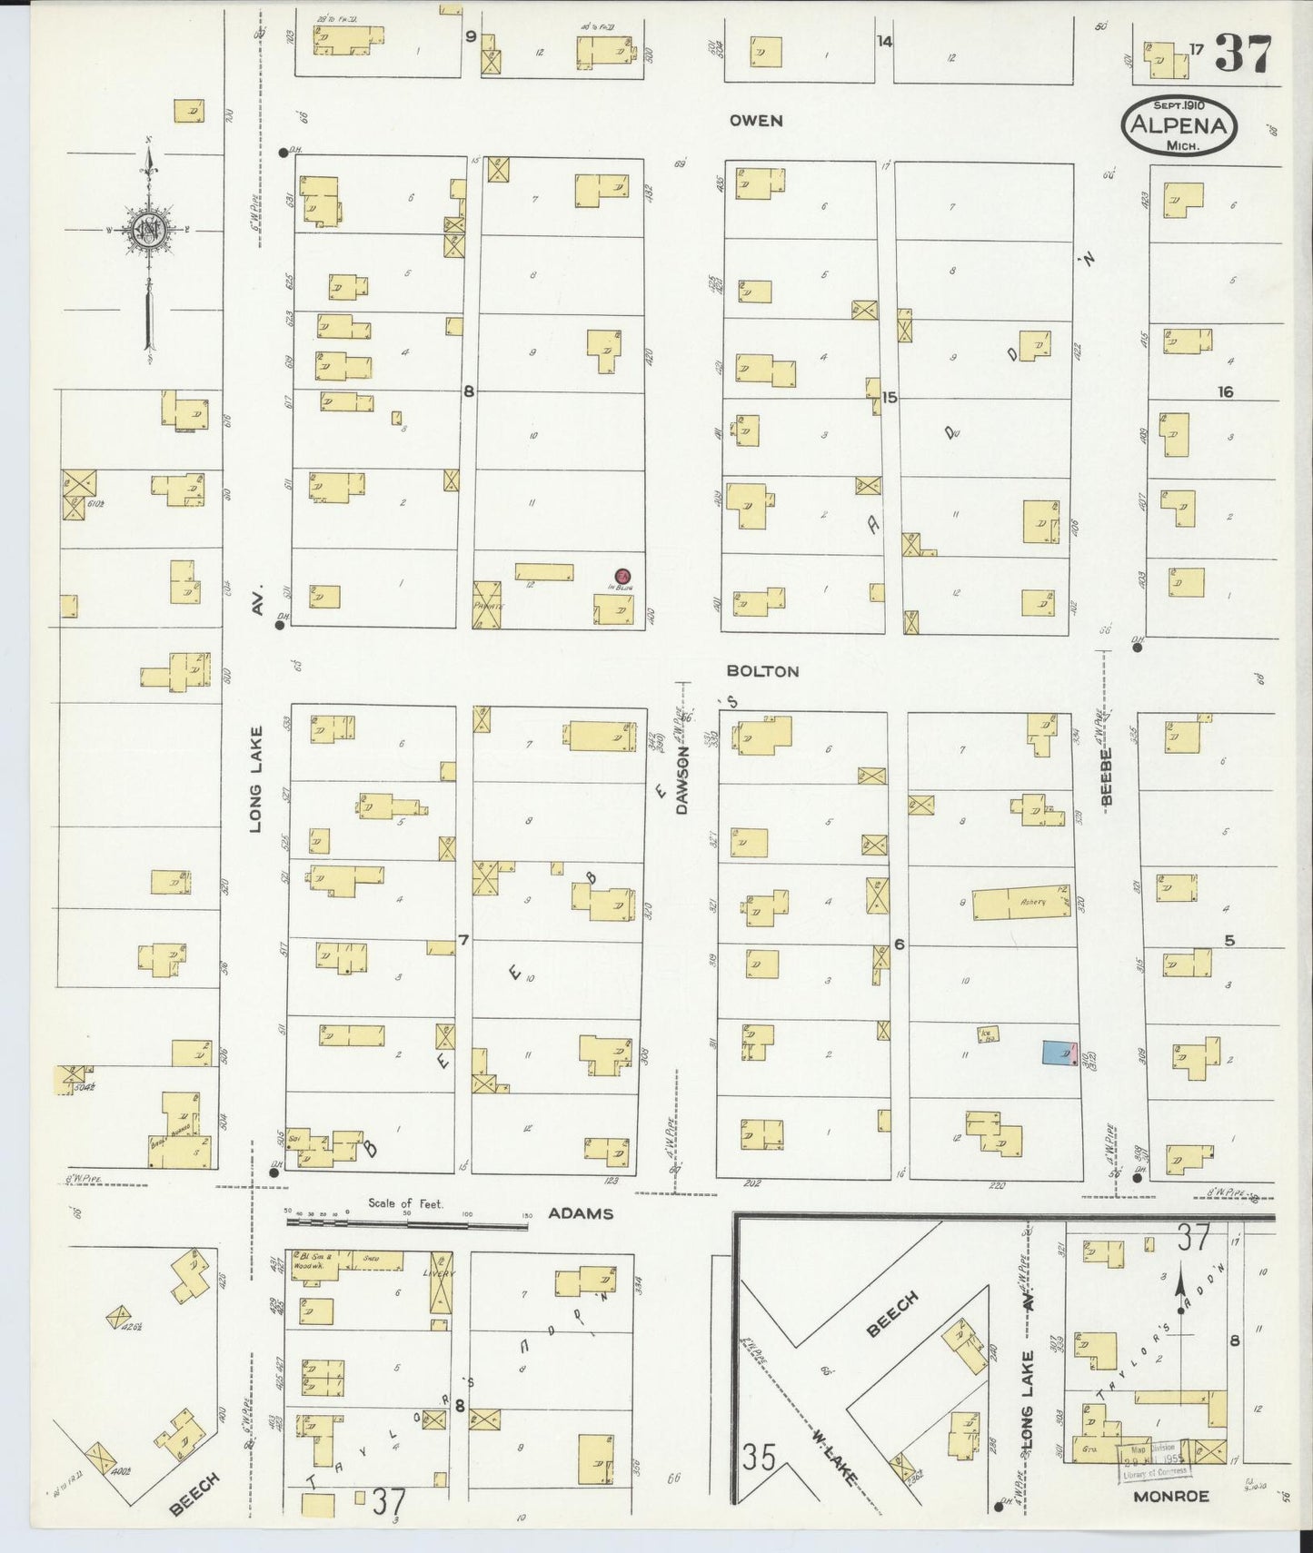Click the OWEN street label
[755, 121]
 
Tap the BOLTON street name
[762, 671]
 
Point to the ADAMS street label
[581, 1213]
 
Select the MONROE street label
[1170, 1496]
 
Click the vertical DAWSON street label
[683, 786]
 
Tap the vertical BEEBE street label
[1107, 776]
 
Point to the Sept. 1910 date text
[1179, 105]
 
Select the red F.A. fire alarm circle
[622, 576]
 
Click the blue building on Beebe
[1059, 1052]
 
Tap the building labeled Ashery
[1021, 904]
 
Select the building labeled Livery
[441, 1281]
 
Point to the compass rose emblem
[145, 230]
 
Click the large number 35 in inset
[758, 1458]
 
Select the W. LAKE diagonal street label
[832, 1456]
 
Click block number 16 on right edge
[1226, 391]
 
